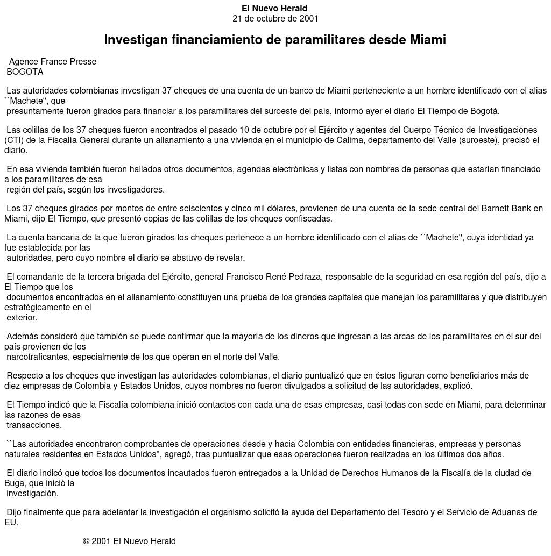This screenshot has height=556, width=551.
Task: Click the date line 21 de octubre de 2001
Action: (275, 19)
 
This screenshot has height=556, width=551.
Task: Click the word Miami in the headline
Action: (428, 40)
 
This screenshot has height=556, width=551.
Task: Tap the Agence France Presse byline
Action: (53, 62)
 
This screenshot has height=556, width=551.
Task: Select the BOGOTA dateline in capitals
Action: (25, 72)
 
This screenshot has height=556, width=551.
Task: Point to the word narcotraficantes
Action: (42, 357)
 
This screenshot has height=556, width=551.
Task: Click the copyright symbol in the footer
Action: (86, 541)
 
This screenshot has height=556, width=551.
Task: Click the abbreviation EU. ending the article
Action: (11, 523)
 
